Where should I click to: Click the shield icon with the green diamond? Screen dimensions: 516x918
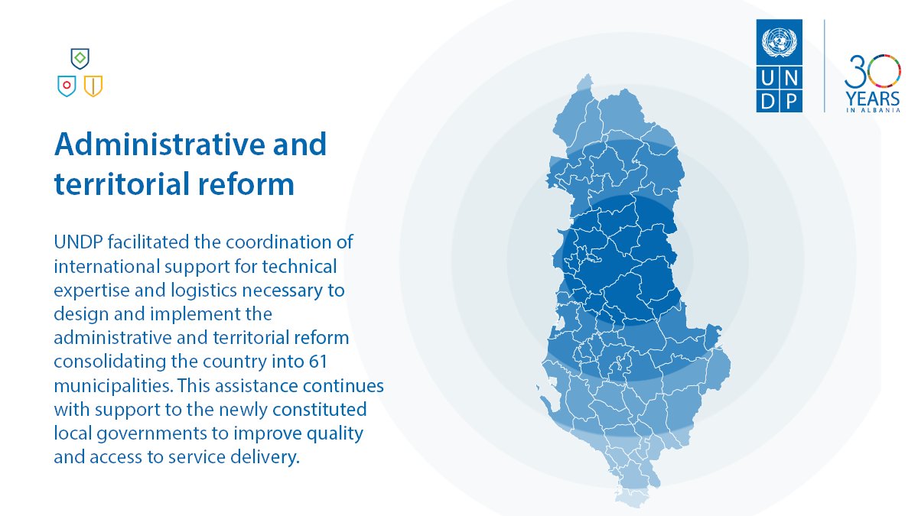[80, 57]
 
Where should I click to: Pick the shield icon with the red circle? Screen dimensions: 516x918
[67, 85]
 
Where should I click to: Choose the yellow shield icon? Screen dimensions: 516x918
[93, 85]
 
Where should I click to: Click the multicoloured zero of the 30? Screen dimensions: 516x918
[886, 70]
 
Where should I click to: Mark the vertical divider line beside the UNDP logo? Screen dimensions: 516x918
[824, 66]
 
